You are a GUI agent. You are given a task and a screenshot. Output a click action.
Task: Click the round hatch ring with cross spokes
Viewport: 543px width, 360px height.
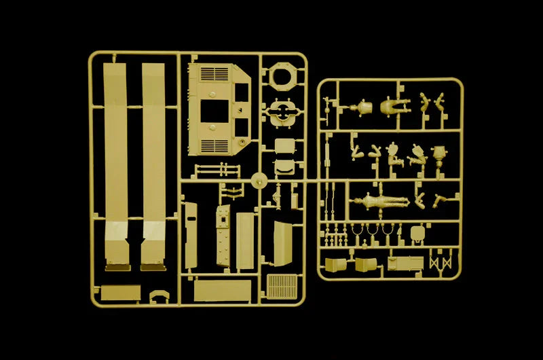point(282,113)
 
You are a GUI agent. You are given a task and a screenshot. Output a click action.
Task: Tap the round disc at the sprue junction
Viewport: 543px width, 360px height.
point(258,181)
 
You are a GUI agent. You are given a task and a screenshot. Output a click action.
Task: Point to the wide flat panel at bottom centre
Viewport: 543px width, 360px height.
point(221,291)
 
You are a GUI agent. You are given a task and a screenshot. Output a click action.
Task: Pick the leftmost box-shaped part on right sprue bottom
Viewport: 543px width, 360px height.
point(336,266)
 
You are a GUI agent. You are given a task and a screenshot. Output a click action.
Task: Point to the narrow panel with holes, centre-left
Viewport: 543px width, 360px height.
point(222,235)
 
